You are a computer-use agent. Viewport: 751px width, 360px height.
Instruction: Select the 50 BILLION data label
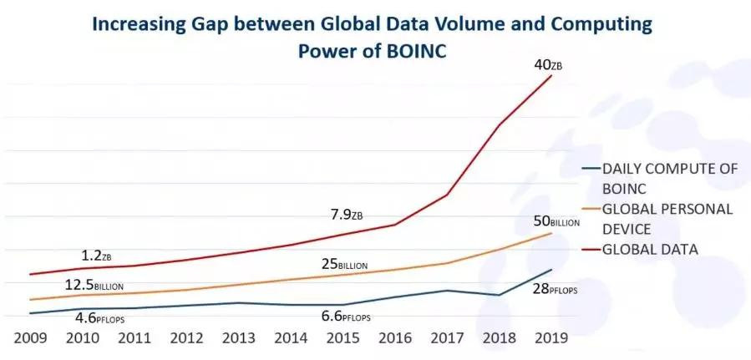click(x=551, y=222)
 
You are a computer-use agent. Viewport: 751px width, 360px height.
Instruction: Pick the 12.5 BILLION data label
click(x=94, y=285)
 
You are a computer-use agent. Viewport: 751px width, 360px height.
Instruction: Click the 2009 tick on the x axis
click(x=29, y=339)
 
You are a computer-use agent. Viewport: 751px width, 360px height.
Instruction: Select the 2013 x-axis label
click(x=238, y=339)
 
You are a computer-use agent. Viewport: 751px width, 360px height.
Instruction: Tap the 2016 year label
click(x=394, y=339)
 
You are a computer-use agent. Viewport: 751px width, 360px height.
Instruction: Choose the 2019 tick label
click(x=551, y=339)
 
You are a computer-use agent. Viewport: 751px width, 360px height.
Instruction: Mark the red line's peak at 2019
click(x=551, y=76)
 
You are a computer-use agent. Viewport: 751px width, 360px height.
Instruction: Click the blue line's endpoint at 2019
click(x=551, y=269)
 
